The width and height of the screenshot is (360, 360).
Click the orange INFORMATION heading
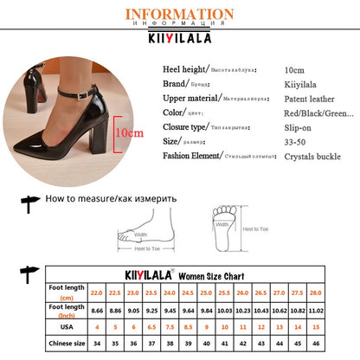tap(179, 15)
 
